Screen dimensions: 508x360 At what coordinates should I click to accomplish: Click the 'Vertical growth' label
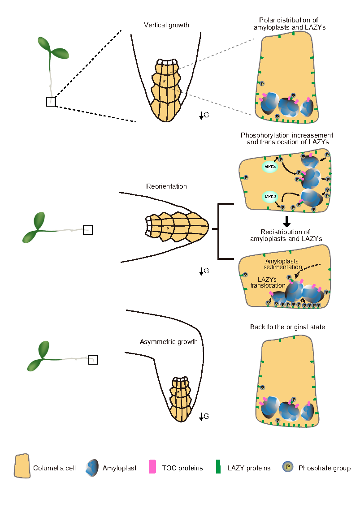point(166,25)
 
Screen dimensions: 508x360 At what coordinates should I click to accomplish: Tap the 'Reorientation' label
point(166,186)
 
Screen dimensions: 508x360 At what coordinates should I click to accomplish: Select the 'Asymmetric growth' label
point(169,342)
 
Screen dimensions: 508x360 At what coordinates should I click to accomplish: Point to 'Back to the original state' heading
point(287,327)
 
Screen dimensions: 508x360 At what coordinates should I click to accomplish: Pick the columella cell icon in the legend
point(22,467)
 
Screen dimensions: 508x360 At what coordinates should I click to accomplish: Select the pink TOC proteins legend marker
point(152,467)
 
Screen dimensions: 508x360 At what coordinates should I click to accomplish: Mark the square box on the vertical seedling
point(51,102)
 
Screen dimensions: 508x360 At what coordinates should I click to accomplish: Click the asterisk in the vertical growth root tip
point(165,82)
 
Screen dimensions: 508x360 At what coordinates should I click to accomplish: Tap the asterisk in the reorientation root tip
point(168,229)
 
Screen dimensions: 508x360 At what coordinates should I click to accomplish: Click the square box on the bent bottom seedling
point(93,359)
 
